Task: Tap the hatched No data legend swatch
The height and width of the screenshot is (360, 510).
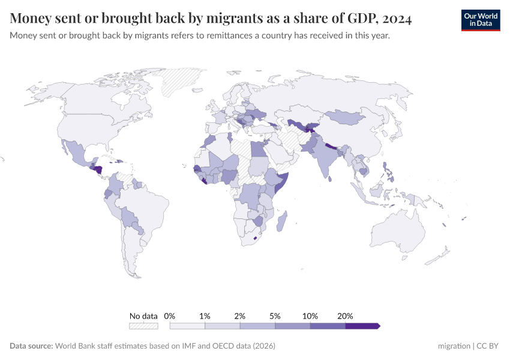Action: point(143,326)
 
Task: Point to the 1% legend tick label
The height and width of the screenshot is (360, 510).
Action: point(205,316)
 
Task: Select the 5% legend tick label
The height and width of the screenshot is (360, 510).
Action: point(275,316)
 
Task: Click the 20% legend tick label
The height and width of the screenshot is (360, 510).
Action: point(345,316)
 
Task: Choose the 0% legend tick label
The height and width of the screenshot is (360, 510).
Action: point(170,316)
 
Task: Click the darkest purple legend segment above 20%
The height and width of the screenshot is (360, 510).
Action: point(362,326)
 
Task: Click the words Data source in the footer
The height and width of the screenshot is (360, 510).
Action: point(31,346)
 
